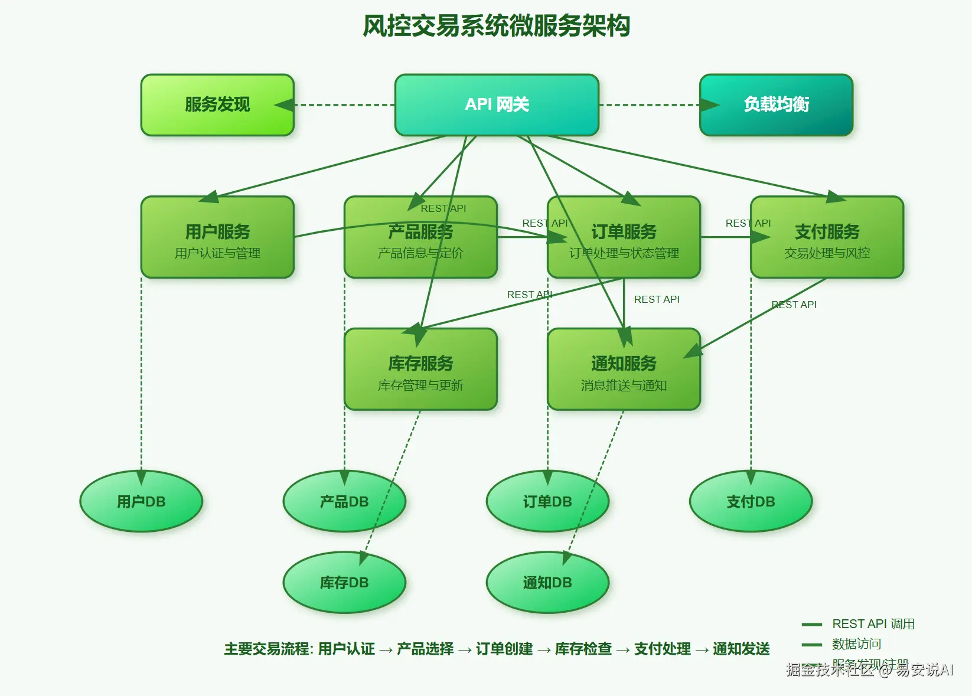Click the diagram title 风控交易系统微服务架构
pos(496,26)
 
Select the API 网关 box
pos(497,104)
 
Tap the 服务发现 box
pos(217,104)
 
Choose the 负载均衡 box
pos(776,104)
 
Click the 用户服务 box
pos(217,237)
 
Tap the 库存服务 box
pos(420,369)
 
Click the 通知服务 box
pos(624,369)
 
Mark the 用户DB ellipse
pos(141,502)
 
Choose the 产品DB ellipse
pos(344,502)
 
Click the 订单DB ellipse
pos(547,502)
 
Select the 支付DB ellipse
pos(751,502)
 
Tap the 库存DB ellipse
pos(344,583)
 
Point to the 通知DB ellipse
pos(547,583)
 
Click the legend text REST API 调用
pos(873,624)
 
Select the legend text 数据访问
pos(856,644)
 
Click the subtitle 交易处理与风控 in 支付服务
pos(827,253)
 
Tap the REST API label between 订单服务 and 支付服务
pos(748,223)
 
